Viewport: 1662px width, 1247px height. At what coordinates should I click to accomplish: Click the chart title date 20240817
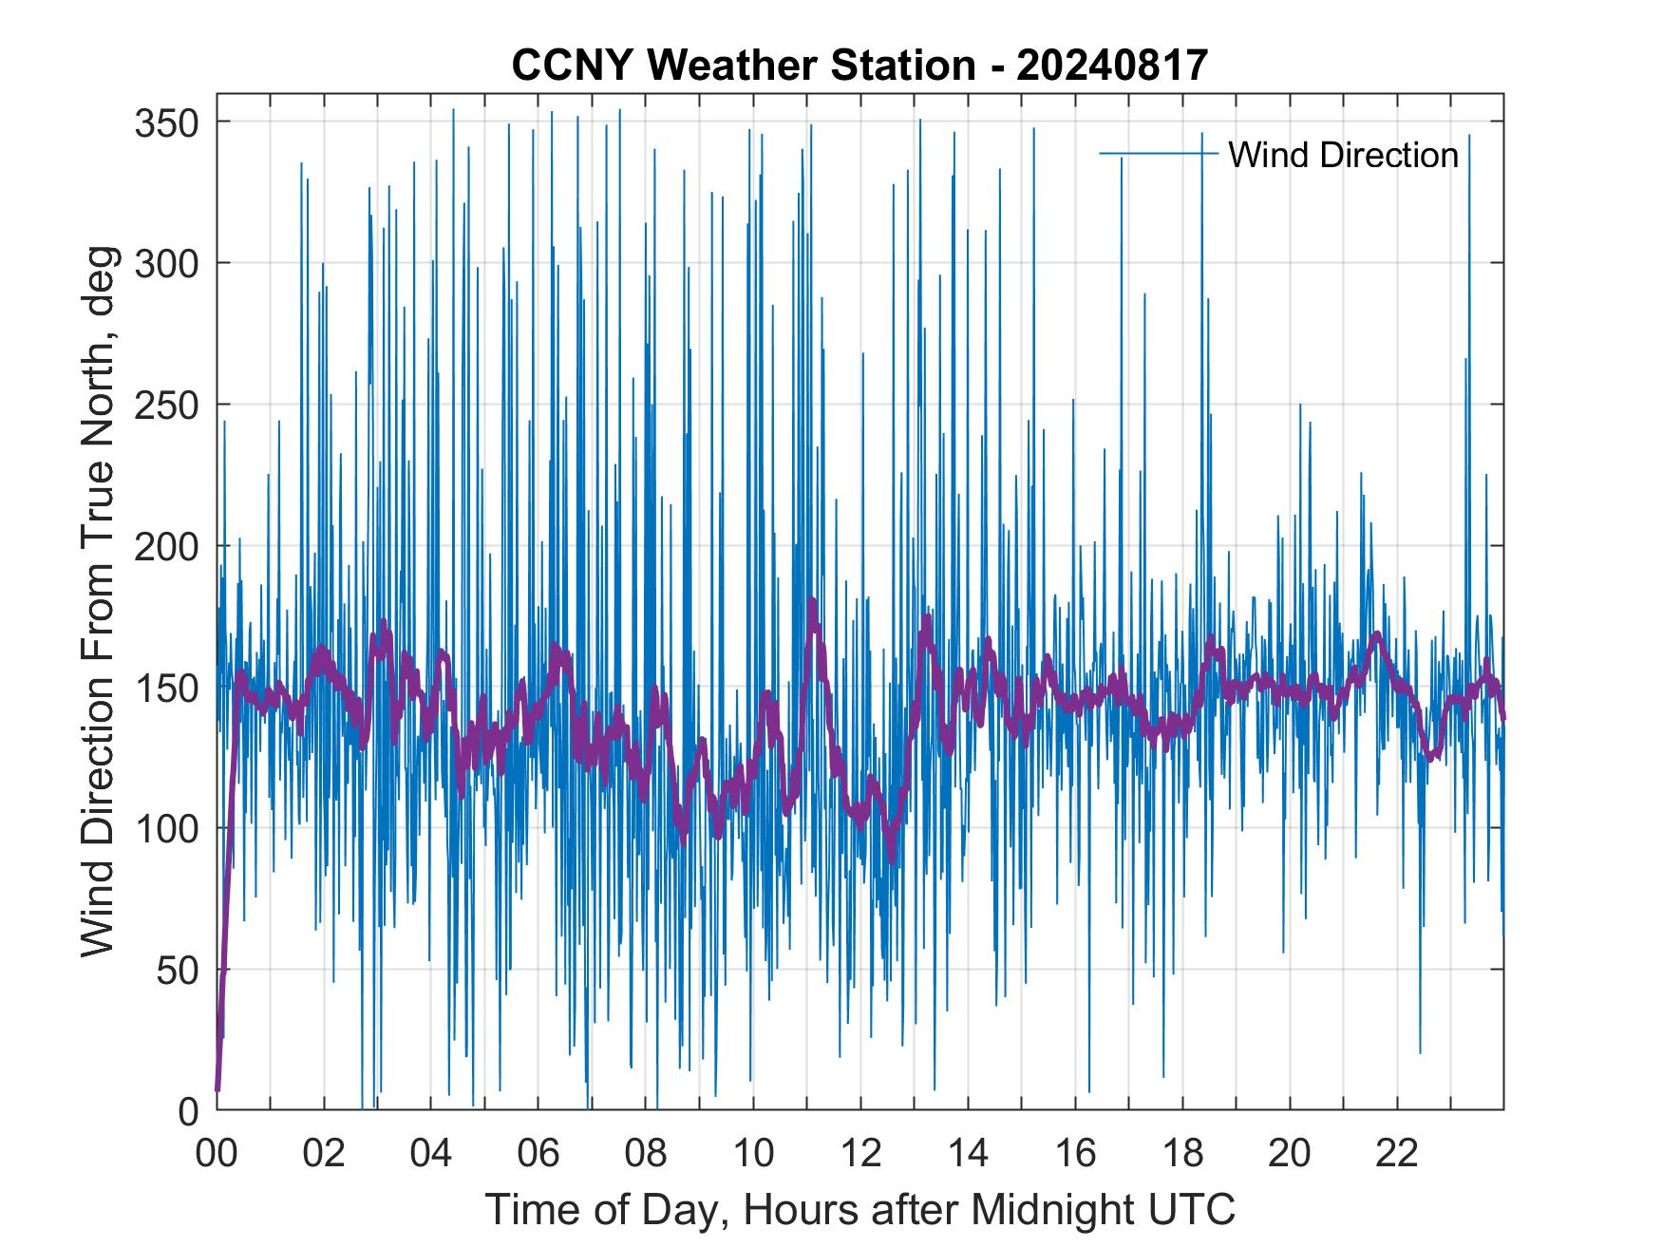point(1112,65)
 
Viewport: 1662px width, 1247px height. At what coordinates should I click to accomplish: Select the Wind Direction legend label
point(1343,155)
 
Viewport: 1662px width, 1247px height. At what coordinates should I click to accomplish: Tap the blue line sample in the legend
point(1158,154)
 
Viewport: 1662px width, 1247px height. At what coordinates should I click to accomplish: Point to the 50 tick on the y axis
point(176,970)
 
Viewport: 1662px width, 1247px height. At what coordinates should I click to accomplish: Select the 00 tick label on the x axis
point(217,1153)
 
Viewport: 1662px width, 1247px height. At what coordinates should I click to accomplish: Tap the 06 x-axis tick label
point(538,1153)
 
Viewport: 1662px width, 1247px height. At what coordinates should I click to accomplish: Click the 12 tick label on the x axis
point(860,1153)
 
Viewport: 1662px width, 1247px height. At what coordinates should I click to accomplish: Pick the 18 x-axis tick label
point(1182,1153)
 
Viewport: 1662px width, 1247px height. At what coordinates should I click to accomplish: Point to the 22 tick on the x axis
point(1397,1153)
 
